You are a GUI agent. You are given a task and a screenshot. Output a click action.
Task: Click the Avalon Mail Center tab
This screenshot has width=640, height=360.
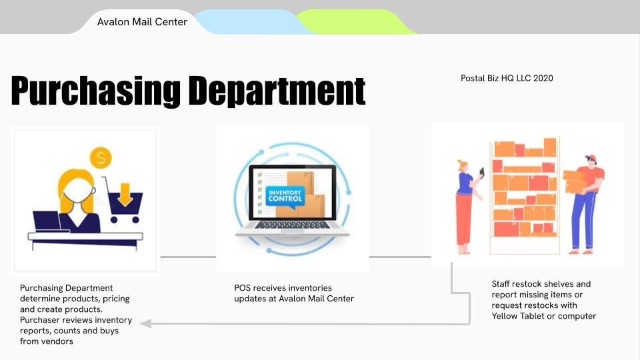pyautogui.click(x=142, y=21)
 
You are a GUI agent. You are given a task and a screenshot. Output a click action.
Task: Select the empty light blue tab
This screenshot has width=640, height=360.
pyautogui.click(x=251, y=21)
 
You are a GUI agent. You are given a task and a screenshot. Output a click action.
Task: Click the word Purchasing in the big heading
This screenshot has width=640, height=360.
pyautogui.click(x=96, y=91)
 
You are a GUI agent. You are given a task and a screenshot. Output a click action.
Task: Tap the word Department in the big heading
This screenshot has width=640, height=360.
pyautogui.click(x=277, y=91)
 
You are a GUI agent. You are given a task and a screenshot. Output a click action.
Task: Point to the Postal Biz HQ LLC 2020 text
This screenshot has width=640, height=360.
pyautogui.click(x=507, y=78)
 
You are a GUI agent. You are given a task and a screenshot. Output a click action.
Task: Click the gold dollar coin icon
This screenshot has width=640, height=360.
pyautogui.click(x=101, y=157)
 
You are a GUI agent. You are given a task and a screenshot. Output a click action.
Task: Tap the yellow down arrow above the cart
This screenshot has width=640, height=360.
pyautogui.click(x=125, y=195)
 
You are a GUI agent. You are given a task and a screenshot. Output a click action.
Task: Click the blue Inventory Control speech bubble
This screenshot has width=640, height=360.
pyautogui.click(x=285, y=197)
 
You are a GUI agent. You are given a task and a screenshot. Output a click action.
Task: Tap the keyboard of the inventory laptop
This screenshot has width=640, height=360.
pyautogui.click(x=292, y=225)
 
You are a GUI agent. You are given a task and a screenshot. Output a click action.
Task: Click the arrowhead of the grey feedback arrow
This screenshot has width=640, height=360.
pyautogui.click(x=146, y=324)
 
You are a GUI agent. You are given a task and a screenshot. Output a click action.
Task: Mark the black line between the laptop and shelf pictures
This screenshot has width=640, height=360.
pyautogui.click(x=400, y=257)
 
